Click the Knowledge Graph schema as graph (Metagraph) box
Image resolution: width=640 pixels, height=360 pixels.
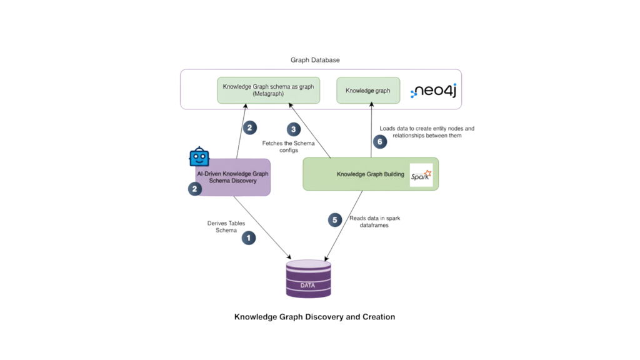point(269,90)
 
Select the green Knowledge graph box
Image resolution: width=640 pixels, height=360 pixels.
point(367,90)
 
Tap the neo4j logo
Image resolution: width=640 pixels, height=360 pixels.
point(434,91)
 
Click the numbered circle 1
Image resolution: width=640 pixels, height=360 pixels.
point(249,237)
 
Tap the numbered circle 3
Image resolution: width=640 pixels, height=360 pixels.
point(294,129)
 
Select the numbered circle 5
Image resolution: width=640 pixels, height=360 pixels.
point(335,220)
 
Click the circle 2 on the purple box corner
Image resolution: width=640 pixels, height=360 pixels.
point(194,188)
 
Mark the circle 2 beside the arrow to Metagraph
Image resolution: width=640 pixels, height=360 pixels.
point(249,127)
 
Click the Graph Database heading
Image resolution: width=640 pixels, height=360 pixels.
point(314,60)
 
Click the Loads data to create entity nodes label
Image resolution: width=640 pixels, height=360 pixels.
point(427,131)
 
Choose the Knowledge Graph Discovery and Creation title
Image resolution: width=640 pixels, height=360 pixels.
point(314,317)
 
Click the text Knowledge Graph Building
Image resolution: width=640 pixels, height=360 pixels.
point(370,174)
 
